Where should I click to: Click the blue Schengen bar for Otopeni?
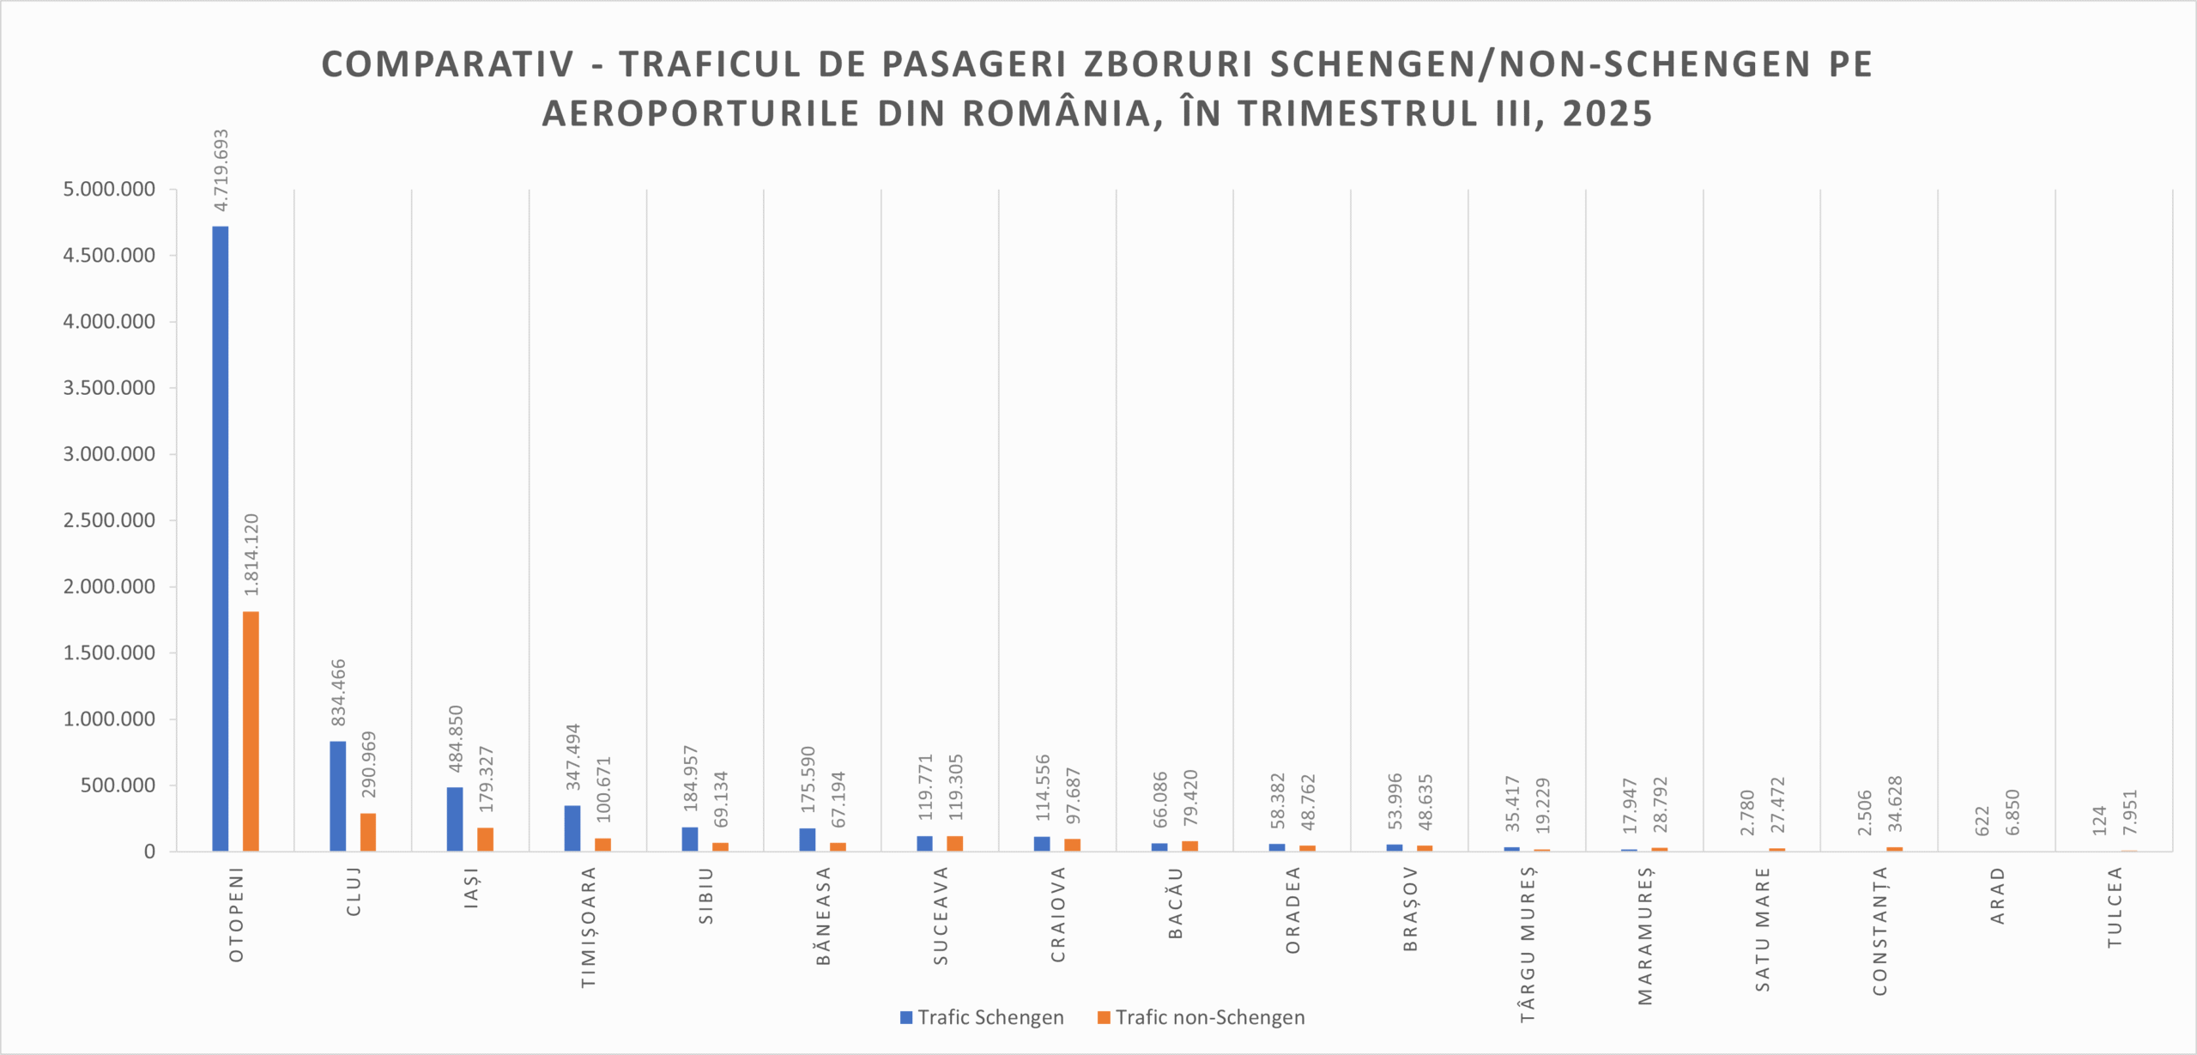pyautogui.click(x=221, y=539)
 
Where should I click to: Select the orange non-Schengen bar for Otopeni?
pyautogui.click(x=251, y=731)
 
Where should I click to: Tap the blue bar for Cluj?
pyautogui.click(x=338, y=796)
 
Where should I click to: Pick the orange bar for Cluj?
pyautogui.click(x=368, y=832)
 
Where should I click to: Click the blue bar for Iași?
pyautogui.click(x=455, y=819)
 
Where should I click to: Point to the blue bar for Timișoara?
pyautogui.click(x=572, y=828)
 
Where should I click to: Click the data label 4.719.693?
pyautogui.click(x=221, y=170)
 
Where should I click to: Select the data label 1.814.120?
pyautogui.click(x=251, y=555)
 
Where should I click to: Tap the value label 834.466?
pyautogui.click(x=339, y=692)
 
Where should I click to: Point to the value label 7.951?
pyautogui.click(x=2130, y=812)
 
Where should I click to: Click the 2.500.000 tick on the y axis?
pyautogui.click(x=109, y=520)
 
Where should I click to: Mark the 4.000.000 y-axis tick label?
pyautogui.click(x=109, y=322)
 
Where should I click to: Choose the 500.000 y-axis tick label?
pyautogui.click(x=118, y=785)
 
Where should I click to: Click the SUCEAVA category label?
pyautogui.click(x=941, y=915)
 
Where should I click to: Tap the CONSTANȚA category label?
pyautogui.click(x=1879, y=931)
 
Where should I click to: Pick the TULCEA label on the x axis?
pyautogui.click(x=2115, y=907)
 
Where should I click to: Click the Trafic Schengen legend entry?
pyautogui.click(x=982, y=1017)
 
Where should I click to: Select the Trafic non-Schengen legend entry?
pyautogui.click(x=1201, y=1017)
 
